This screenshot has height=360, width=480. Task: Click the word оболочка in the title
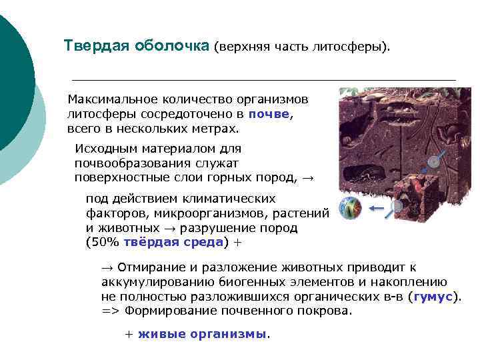(171, 46)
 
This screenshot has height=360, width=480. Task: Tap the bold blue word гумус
(433, 297)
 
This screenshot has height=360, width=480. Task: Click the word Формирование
(163, 311)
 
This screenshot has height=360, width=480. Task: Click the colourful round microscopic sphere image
(351, 208)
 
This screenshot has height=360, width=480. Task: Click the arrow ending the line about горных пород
(308, 177)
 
